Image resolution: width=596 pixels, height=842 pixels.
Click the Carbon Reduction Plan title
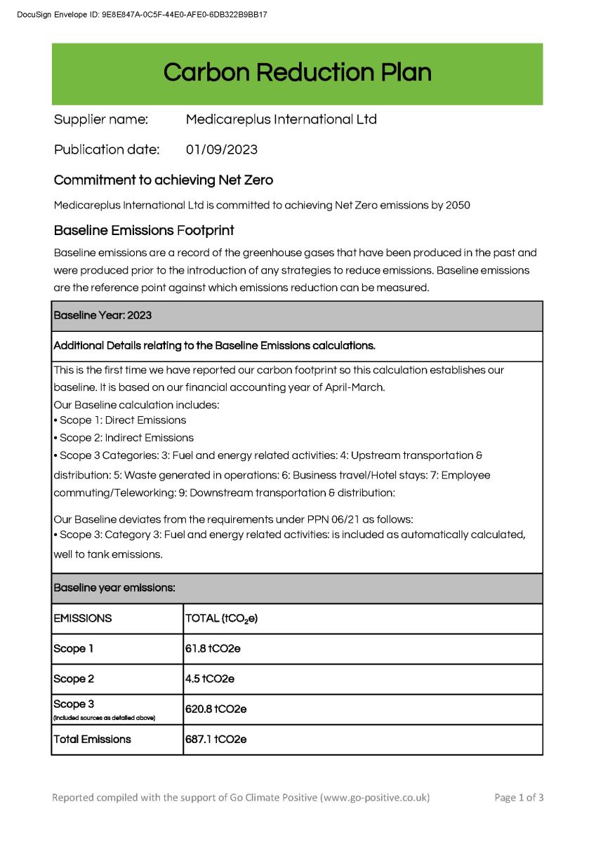click(x=297, y=72)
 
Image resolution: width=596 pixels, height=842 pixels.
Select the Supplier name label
click(x=101, y=119)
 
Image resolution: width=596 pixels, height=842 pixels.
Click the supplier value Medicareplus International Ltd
click(x=281, y=119)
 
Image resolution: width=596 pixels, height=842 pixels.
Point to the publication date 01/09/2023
click(x=221, y=149)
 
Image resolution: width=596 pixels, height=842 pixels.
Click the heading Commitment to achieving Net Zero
click(x=164, y=180)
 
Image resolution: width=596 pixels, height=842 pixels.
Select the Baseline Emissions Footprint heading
click(x=144, y=230)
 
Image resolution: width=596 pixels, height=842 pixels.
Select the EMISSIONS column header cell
click(x=83, y=619)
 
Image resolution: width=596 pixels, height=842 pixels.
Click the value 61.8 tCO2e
click(x=213, y=649)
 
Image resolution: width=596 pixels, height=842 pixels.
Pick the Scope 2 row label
click(x=74, y=679)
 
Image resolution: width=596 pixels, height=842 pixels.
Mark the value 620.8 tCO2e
click(x=216, y=709)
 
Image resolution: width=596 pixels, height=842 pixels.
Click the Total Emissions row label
click(x=92, y=740)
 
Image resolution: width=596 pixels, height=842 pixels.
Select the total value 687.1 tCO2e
click(x=216, y=740)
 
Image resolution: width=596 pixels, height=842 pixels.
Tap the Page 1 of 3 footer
click(x=519, y=798)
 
